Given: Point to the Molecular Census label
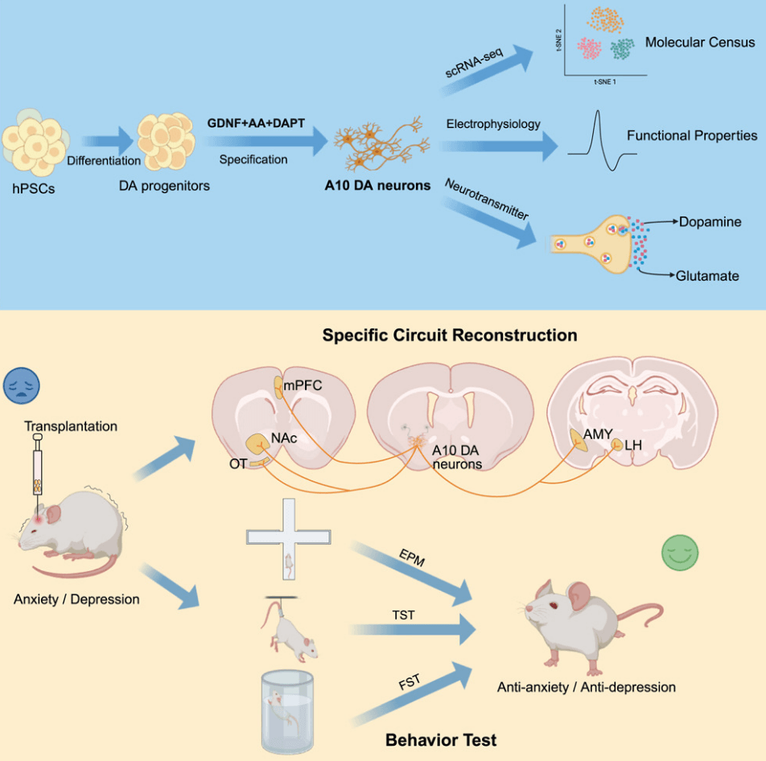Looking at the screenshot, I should click(700, 42).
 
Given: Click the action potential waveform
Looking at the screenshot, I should click(602, 141).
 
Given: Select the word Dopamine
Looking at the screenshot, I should click(710, 221).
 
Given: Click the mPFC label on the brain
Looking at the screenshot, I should click(303, 385).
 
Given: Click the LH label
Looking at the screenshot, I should click(634, 444).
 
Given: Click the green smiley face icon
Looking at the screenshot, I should click(679, 553).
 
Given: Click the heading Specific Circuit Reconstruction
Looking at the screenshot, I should click(450, 335).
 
